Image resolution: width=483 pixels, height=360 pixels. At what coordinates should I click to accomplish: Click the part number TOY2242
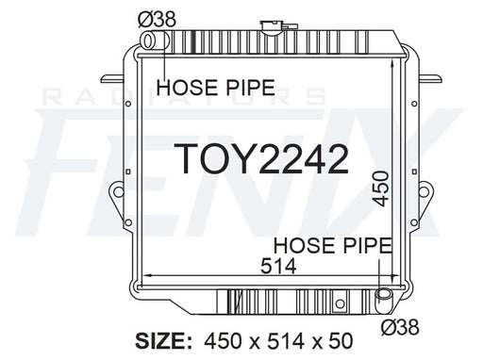click(x=261, y=159)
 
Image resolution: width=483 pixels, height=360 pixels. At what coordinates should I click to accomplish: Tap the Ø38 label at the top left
click(x=157, y=20)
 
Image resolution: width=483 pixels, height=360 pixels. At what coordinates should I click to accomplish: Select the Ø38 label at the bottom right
click(x=400, y=327)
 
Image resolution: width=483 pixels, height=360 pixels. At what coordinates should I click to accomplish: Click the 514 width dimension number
click(x=278, y=267)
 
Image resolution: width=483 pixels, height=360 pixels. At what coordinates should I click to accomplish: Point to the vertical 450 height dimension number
click(x=380, y=188)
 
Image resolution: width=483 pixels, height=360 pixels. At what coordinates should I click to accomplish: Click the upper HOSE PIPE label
click(x=216, y=88)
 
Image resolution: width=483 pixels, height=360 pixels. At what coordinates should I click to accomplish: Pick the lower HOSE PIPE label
click(x=333, y=245)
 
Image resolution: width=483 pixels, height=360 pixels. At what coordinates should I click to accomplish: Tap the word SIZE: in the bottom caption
click(x=163, y=341)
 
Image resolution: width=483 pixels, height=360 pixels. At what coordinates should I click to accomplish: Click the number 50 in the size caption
click(x=342, y=341)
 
